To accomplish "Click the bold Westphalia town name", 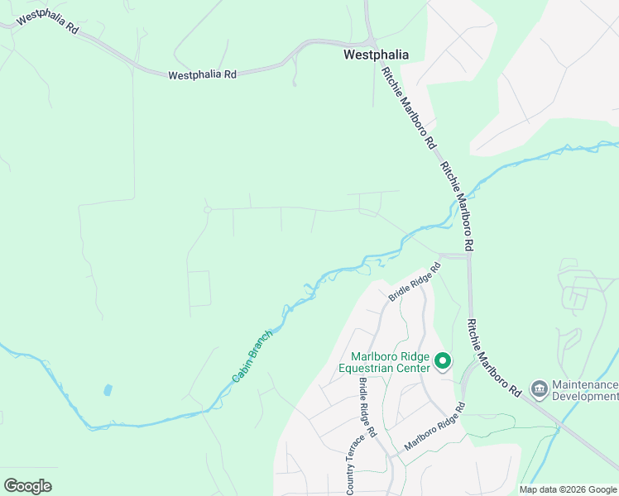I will [376, 55].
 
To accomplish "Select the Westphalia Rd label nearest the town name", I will [202, 74].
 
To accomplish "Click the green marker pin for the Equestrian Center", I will [443, 360].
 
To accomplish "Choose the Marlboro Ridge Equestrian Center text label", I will [386, 362].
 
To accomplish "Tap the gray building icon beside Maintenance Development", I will [540, 388].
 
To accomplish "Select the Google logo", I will [27, 485].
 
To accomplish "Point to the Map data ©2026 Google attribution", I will [568, 489].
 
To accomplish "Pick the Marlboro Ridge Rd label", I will [434, 427].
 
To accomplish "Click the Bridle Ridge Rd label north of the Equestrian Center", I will [415, 281].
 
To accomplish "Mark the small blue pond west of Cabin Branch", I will [108, 389].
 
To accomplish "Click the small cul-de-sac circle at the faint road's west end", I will [208, 210].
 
